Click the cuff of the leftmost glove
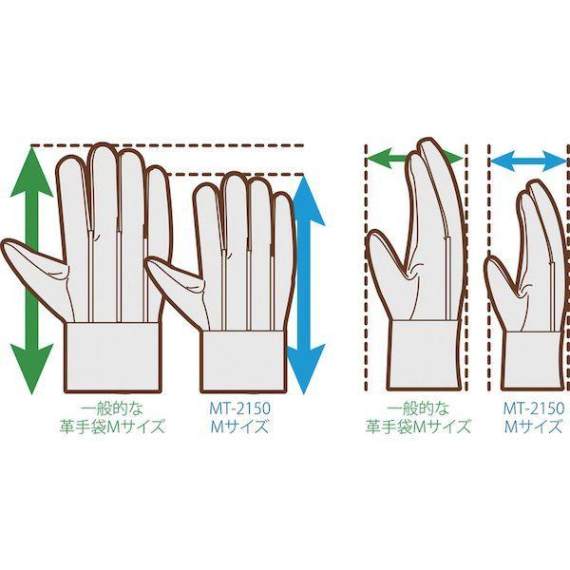[x=112, y=351]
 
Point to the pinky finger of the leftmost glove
[x=157, y=203]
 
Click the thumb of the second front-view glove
[x=175, y=279]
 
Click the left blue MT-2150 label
[x=240, y=408]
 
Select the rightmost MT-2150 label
[x=534, y=408]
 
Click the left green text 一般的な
[x=112, y=408]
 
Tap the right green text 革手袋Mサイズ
[x=418, y=427]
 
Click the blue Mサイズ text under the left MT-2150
[x=240, y=427]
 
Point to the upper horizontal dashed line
[x=167, y=145]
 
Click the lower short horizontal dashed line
[x=237, y=175]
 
